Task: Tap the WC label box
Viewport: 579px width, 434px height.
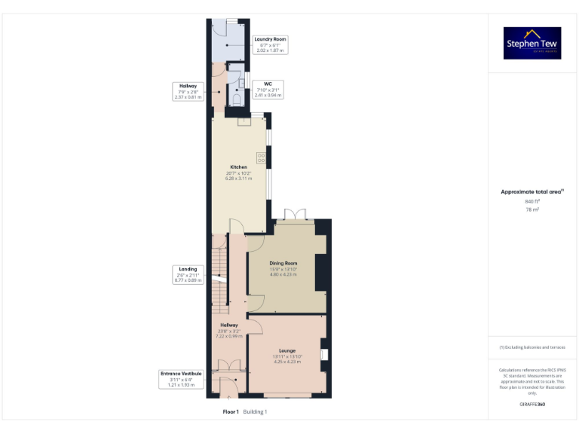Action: pos(268,90)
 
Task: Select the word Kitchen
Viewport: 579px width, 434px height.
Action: pos(238,167)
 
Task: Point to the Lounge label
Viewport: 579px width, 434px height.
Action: pos(286,351)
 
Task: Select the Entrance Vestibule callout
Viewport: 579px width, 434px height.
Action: pos(182,379)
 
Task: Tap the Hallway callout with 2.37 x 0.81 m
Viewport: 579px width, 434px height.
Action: pos(188,91)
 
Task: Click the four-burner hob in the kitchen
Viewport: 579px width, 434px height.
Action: pos(262,157)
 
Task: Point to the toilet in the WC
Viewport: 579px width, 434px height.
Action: pos(236,98)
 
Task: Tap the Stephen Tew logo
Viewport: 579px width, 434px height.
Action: pos(532,44)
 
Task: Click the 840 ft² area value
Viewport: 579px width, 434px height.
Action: pos(532,201)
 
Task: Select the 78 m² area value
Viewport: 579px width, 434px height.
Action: pos(532,209)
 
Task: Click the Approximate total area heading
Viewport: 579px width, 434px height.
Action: pos(532,192)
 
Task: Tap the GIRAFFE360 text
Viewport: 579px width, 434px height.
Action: pos(532,405)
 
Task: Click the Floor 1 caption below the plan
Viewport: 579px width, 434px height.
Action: pos(231,412)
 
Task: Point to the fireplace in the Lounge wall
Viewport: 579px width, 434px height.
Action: pos(323,354)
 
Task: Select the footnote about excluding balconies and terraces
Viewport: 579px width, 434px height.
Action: pos(532,347)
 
